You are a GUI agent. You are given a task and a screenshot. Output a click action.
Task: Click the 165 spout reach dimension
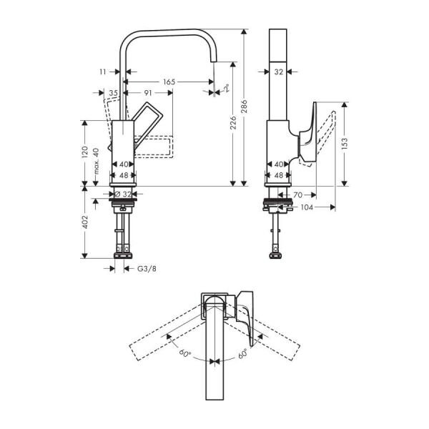coord(168,82)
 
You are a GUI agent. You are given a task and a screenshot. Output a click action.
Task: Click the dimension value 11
coord(103,71)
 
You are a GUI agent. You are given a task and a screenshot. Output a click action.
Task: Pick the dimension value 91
coord(148,92)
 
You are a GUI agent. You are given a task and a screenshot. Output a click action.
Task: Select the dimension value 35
coord(113,92)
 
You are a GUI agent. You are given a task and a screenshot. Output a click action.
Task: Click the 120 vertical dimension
coord(85,152)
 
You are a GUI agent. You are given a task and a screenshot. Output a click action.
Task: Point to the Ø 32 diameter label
coord(124,194)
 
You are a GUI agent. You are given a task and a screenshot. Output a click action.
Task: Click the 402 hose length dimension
coord(85,222)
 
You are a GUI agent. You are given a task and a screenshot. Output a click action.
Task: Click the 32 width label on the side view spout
coord(279,71)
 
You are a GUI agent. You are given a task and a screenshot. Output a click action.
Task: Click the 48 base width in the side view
coord(279,175)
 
